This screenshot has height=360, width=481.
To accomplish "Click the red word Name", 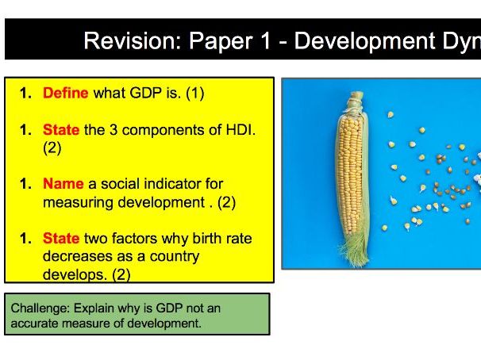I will click(63, 184).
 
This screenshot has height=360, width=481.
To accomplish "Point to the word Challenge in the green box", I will click(38, 308).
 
